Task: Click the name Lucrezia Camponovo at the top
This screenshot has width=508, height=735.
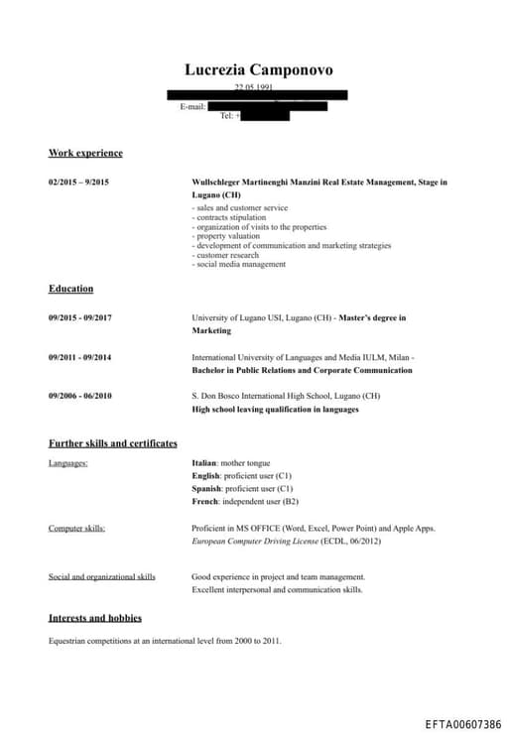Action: [258, 69]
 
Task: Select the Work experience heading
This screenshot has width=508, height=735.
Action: [85, 153]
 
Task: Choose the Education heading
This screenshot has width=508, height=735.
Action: [70, 289]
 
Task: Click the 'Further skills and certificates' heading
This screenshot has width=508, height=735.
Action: [112, 443]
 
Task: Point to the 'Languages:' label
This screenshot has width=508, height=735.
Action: [68, 463]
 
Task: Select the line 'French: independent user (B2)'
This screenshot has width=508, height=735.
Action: [244, 502]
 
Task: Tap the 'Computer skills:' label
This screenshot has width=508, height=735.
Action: [76, 529]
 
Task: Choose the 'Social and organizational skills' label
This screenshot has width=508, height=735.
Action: [102, 577]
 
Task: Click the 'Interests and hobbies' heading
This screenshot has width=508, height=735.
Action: [94, 618]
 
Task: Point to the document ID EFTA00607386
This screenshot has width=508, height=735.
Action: [462, 725]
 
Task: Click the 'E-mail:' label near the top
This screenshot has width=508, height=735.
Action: [192, 106]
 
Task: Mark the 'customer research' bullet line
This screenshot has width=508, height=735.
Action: [226, 255]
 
